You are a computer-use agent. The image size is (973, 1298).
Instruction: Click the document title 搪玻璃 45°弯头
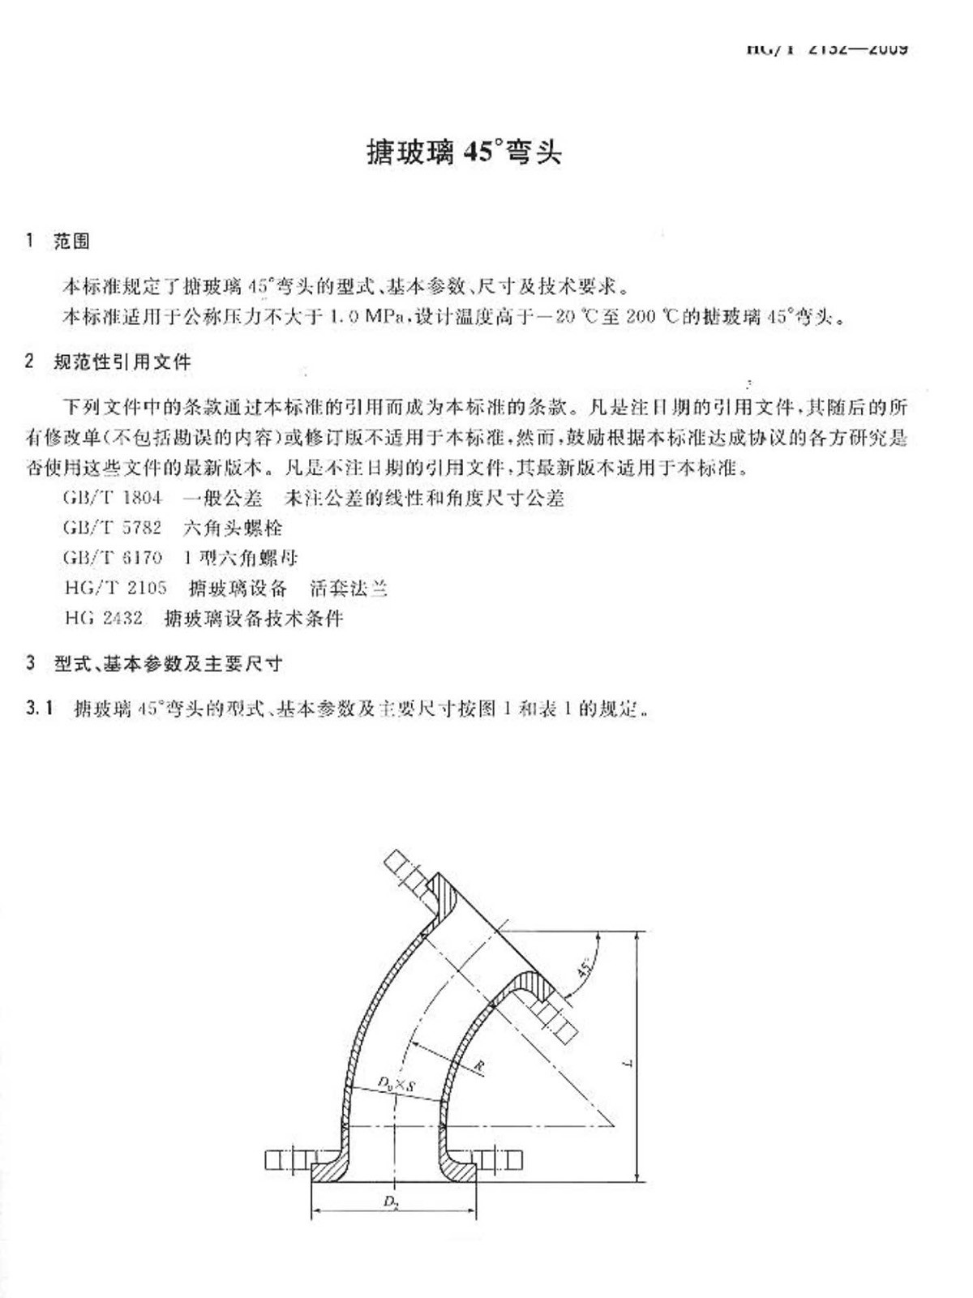464,152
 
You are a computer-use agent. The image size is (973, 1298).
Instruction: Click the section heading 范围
71,241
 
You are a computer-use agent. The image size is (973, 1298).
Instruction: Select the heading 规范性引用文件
122,362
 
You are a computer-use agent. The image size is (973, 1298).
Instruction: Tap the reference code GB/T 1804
112,498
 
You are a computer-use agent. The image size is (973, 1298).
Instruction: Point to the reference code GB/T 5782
112,528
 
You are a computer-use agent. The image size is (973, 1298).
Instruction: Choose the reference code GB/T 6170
112,558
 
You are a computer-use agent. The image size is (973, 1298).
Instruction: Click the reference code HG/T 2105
115,588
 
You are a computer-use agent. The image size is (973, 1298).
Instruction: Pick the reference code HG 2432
103,619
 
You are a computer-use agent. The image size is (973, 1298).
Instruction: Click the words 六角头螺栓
233,528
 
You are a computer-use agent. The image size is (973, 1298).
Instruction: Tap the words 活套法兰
349,588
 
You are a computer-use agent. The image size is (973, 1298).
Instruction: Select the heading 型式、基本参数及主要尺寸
168,664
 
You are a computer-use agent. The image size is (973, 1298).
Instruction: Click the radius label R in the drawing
478,1067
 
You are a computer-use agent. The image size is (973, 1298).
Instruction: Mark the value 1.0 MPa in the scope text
368,317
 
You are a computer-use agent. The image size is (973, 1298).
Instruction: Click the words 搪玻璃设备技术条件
254,619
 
